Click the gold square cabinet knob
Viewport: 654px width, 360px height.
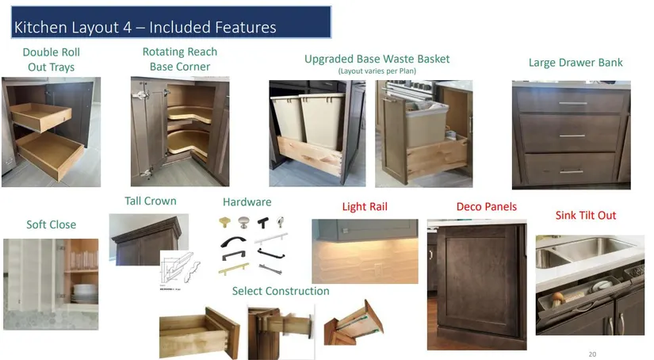[225, 222]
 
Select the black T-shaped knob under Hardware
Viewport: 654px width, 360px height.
[262, 223]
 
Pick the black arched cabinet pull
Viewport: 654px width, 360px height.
[233, 241]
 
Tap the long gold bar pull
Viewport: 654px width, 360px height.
[234, 269]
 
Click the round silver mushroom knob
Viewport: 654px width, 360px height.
[244, 222]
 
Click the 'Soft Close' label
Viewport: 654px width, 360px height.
[52, 224]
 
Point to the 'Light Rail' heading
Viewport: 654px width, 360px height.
[365, 206]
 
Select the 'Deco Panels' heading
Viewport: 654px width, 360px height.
[486, 206]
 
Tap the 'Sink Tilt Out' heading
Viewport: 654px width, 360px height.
[586, 215]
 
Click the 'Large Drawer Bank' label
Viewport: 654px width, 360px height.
[576, 63]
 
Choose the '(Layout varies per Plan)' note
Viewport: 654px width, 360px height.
[377, 71]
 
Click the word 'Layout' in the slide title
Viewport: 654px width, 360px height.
[93, 28]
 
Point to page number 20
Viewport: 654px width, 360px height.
[592, 354]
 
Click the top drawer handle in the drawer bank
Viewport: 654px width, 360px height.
[572, 103]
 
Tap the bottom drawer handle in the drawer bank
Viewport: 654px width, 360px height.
[572, 170]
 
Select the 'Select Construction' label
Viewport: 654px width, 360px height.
[281, 291]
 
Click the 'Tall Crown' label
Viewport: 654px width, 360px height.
[151, 201]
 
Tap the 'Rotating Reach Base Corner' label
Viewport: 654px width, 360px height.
[180, 59]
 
